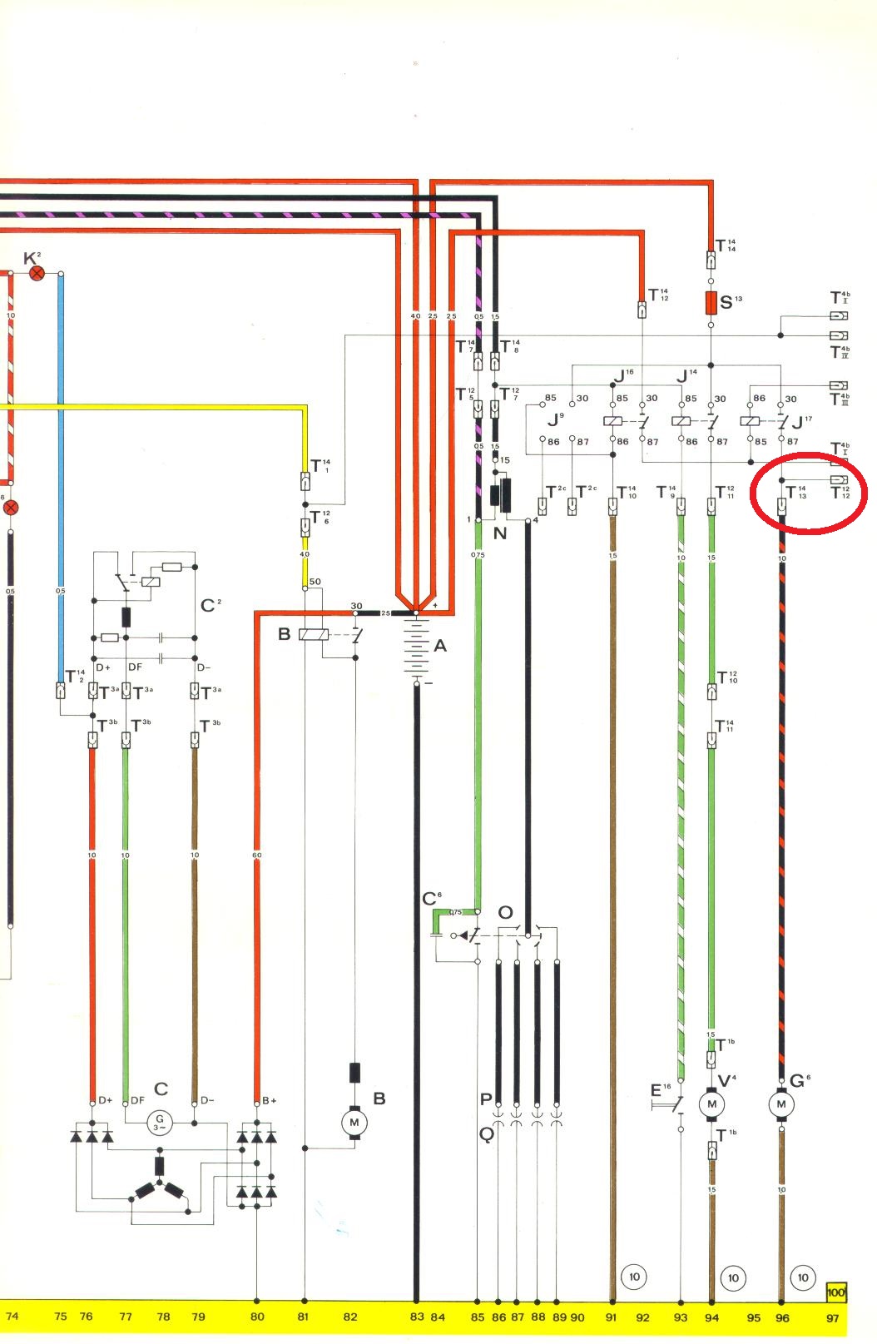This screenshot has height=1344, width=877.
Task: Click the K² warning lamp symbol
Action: click(37, 273)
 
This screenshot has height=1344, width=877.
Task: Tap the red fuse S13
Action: click(711, 303)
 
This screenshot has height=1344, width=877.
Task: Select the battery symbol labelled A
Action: click(417, 647)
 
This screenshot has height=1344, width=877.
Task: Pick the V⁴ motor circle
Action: click(711, 1104)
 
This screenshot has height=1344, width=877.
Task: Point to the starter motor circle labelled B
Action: click(354, 1123)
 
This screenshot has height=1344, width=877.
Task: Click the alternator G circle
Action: click(159, 1123)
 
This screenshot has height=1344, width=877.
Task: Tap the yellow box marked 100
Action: click(835, 1292)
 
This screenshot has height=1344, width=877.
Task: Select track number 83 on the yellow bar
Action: click(417, 1317)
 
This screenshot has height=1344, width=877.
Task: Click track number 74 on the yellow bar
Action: click(12, 1317)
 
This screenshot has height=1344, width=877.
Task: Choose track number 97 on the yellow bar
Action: click(833, 1317)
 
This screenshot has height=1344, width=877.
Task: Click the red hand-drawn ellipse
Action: click(808, 492)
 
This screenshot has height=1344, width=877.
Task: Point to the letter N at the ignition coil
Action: click(499, 533)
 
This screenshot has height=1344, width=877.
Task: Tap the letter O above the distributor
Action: click(505, 913)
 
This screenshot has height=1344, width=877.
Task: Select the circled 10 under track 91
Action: click(634, 1277)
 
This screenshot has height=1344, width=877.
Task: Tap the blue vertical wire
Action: click(61, 499)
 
